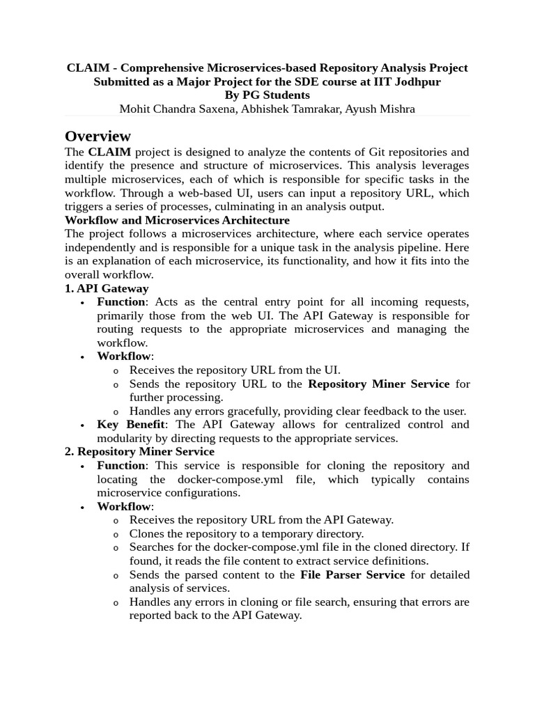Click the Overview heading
98,136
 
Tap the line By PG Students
267,95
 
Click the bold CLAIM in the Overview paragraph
109,152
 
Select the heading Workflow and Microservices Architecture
177,220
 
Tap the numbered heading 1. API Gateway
107,288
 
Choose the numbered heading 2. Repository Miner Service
139,451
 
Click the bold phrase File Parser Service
352,574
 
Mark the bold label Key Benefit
131,424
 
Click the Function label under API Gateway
121,301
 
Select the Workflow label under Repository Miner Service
123,506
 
